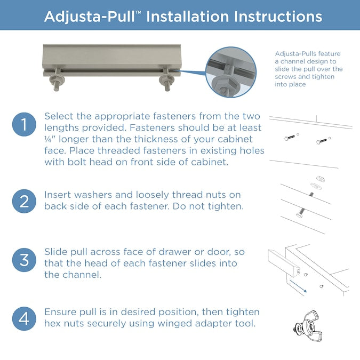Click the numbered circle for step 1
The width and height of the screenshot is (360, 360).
pos(24,124)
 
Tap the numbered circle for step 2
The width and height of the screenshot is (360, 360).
pos(24,201)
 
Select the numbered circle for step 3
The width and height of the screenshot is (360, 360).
pos(24,260)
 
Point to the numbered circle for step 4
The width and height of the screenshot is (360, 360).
pos(24,319)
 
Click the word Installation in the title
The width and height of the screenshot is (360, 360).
pos(187,17)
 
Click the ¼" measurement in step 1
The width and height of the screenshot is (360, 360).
pos(50,139)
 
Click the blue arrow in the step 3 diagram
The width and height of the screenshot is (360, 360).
pos(298,286)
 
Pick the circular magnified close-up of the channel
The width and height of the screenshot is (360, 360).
pos(231,72)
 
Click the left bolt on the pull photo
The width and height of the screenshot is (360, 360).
pos(57,79)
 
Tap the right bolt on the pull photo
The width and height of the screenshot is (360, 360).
pos(166,79)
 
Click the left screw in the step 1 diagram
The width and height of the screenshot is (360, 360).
pos(290,138)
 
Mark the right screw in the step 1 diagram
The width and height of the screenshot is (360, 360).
pos(322,141)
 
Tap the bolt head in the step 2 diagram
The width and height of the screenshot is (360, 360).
pos(299,215)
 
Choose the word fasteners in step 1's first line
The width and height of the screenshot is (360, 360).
pos(174,116)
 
